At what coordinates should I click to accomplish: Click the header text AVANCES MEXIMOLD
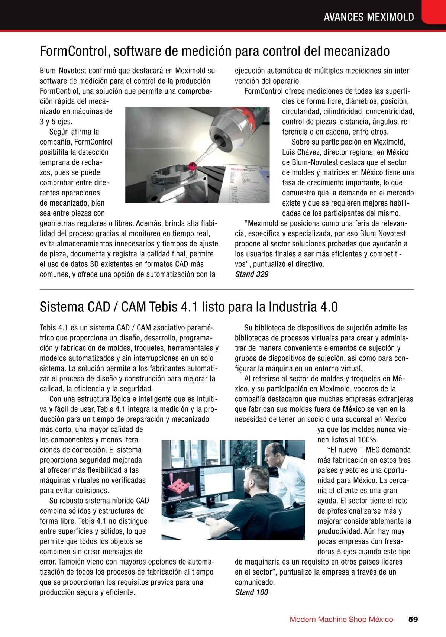tap(369, 17)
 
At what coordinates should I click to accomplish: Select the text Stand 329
tap(252, 274)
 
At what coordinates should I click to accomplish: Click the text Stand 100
tap(252, 592)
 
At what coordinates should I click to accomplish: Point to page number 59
tap(413, 619)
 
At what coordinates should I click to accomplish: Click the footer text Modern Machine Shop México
tap(341, 619)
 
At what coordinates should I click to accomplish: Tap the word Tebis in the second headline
tap(162, 307)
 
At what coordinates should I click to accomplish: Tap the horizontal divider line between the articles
tap(227, 289)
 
